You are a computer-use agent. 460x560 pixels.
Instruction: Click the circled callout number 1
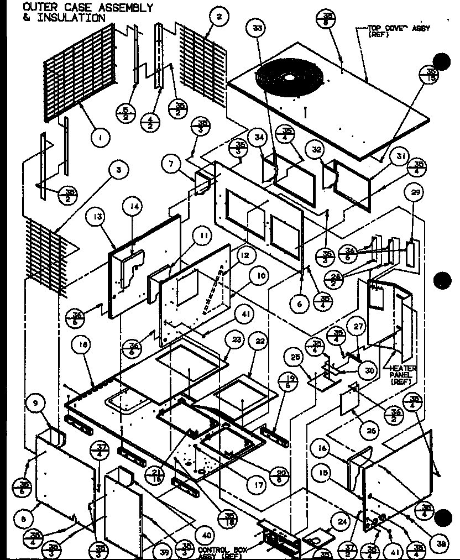101,136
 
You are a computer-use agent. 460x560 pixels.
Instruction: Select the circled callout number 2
219,17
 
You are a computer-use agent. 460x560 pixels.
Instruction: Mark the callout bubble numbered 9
36,404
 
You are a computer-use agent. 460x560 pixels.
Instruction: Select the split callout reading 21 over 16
156,474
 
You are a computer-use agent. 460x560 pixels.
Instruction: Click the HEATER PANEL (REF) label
404,375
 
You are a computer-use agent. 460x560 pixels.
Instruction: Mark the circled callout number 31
399,157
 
